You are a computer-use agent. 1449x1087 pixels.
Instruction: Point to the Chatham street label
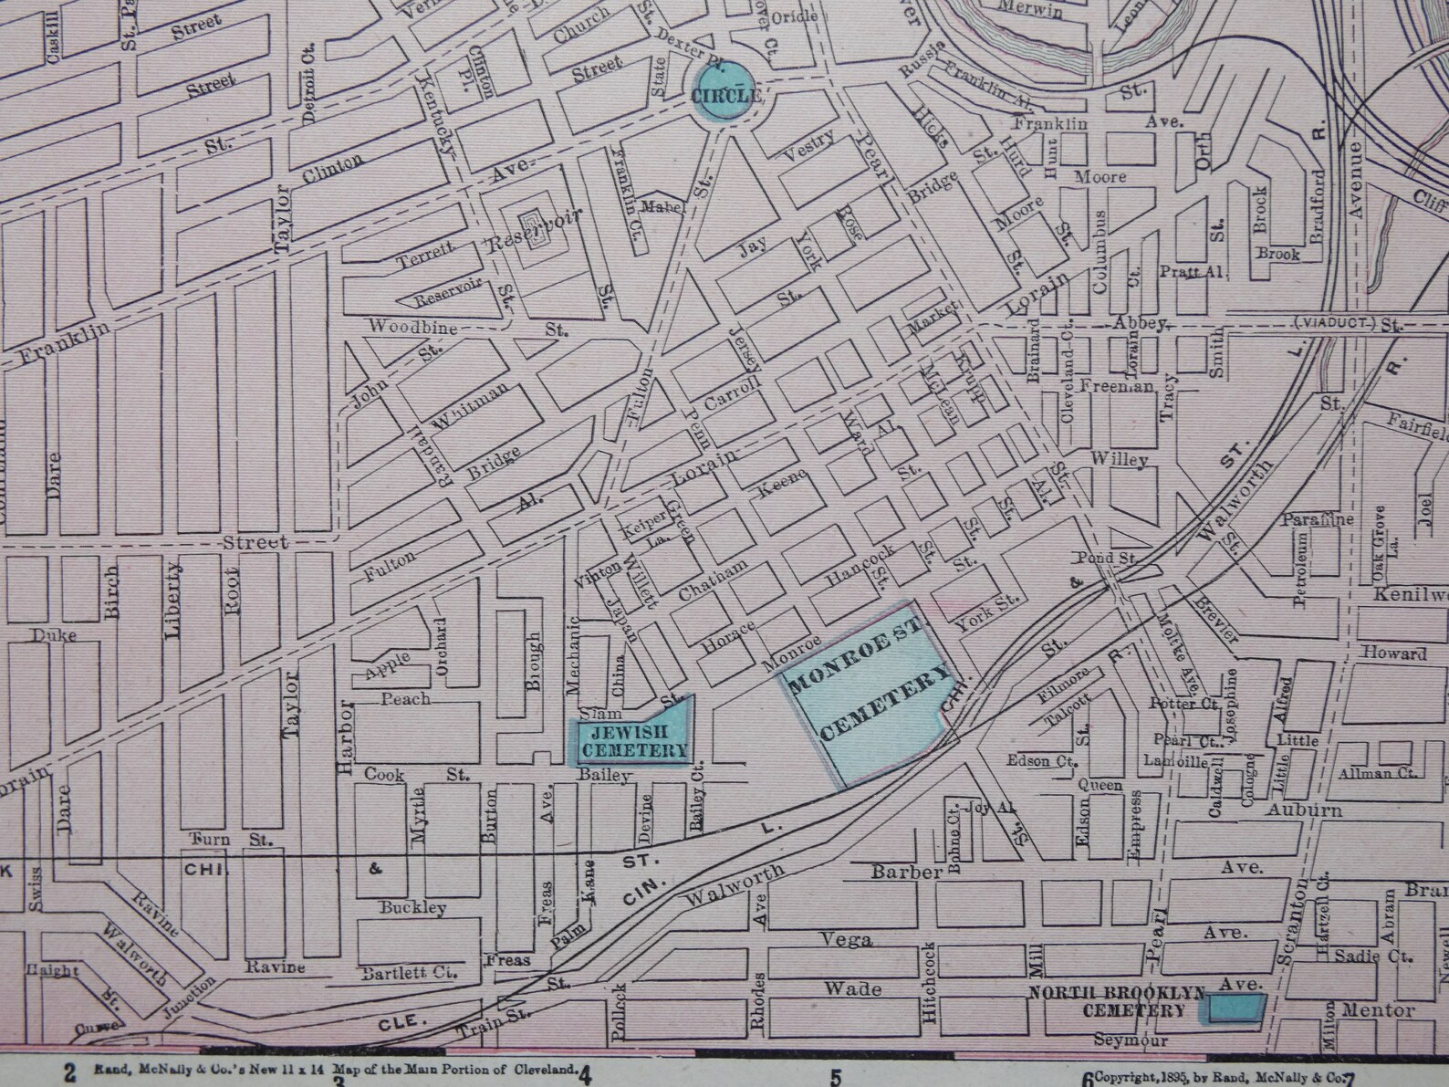[714, 580]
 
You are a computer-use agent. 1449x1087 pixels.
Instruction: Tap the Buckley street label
[412, 908]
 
